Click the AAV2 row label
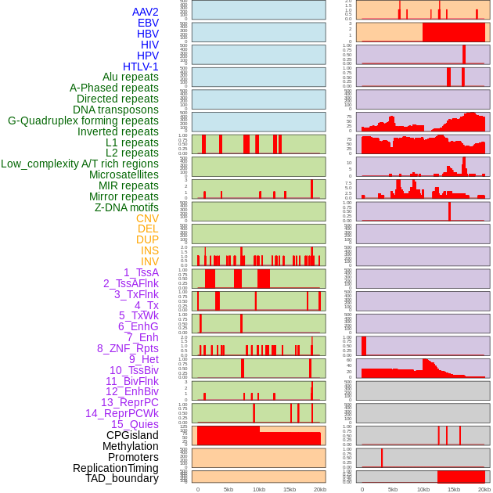(145, 12)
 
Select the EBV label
(148, 23)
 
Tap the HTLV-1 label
(140, 67)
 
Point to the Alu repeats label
(131, 77)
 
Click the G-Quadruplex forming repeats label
(83, 121)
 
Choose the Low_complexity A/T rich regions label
(80, 164)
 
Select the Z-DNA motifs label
(126, 207)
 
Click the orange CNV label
(147, 218)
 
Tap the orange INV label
(149, 261)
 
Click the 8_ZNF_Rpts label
(128, 348)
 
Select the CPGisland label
(132, 435)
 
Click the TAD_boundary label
(122, 478)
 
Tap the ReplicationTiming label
(116, 468)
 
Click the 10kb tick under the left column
(258, 489)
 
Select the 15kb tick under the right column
(454, 489)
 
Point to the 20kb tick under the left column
(319, 489)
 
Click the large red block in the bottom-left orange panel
(258, 437)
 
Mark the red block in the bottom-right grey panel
(461, 477)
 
